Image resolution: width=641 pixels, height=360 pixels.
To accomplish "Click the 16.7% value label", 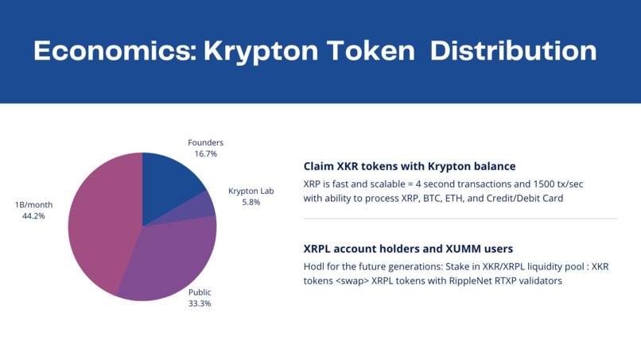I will click(205, 154).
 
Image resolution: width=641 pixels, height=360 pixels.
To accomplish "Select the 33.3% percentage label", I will click(200, 304).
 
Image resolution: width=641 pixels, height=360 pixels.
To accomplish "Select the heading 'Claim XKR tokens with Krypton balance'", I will click(410, 167).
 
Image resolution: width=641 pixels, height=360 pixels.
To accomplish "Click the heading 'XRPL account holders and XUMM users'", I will click(408, 249).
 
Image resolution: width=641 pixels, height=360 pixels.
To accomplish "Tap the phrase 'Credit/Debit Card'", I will click(526, 198).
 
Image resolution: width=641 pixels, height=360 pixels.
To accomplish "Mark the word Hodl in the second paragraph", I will click(314, 266).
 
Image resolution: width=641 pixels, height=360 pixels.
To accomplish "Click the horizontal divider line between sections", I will click(460, 219).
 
